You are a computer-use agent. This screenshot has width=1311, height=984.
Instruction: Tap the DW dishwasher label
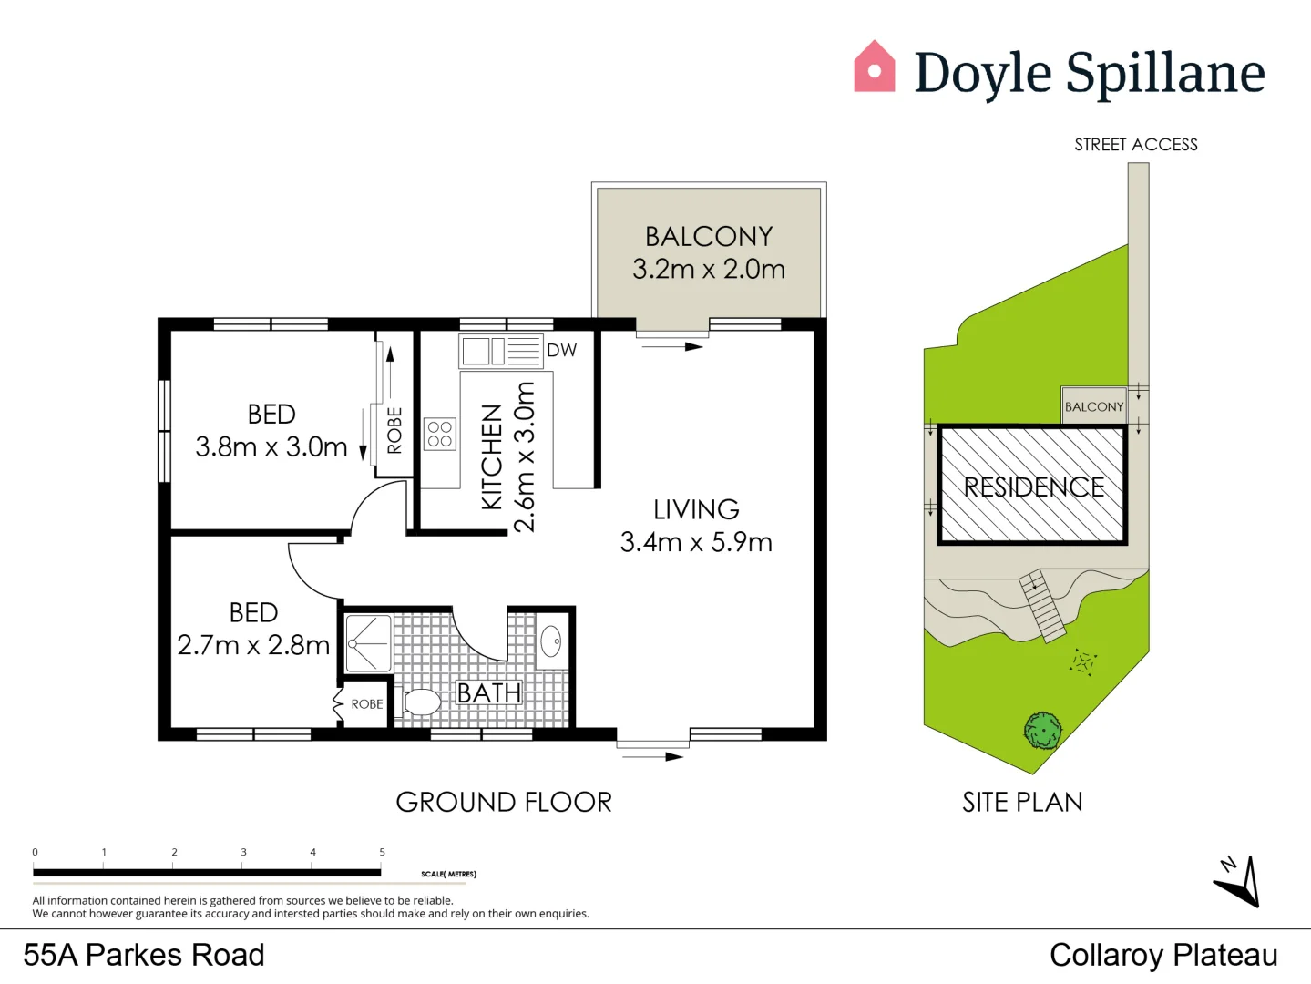coord(561,351)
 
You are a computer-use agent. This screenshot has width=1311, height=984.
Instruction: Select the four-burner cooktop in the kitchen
coord(439,434)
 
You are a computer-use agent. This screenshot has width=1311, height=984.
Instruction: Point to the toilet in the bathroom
coord(420,702)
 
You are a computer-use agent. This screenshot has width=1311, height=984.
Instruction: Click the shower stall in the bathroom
coord(369,643)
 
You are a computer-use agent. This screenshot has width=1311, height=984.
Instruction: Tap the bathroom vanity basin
coord(551,641)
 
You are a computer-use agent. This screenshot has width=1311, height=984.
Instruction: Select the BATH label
coord(488,693)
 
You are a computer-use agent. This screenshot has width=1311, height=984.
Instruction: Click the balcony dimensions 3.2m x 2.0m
coord(709,270)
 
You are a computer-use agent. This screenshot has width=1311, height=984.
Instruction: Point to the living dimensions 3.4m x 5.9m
coord(696,542)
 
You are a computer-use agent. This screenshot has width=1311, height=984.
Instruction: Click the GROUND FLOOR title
coord(504,803)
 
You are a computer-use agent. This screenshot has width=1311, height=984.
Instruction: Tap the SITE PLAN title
coord(1022,803)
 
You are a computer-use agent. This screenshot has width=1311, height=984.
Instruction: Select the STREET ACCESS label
coord(1135,145)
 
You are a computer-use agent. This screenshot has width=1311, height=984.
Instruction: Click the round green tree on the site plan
coord(1042,731)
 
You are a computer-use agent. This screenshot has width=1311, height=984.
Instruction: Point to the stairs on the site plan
coord(1042,606)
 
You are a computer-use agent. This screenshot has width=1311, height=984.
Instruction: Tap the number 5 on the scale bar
coord(382,852)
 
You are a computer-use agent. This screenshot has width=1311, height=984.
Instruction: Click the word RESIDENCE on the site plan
coord(1034,487)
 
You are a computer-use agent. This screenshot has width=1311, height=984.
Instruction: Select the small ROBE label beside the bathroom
coord(367,704)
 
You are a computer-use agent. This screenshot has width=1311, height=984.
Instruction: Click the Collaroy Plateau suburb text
coord(1163,955)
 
